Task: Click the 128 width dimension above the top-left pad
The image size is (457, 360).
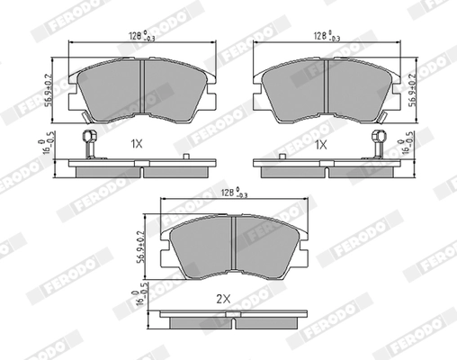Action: click(x=139, y=37)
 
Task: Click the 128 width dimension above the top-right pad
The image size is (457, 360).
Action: click(x=325, y=37)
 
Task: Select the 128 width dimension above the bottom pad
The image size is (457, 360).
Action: click(x=233, y=192)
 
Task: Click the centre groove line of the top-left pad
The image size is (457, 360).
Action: click(x=144, y=85)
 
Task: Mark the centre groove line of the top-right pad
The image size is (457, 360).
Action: click(x=325, y=85)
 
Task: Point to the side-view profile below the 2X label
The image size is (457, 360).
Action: click(x=233, y=319)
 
